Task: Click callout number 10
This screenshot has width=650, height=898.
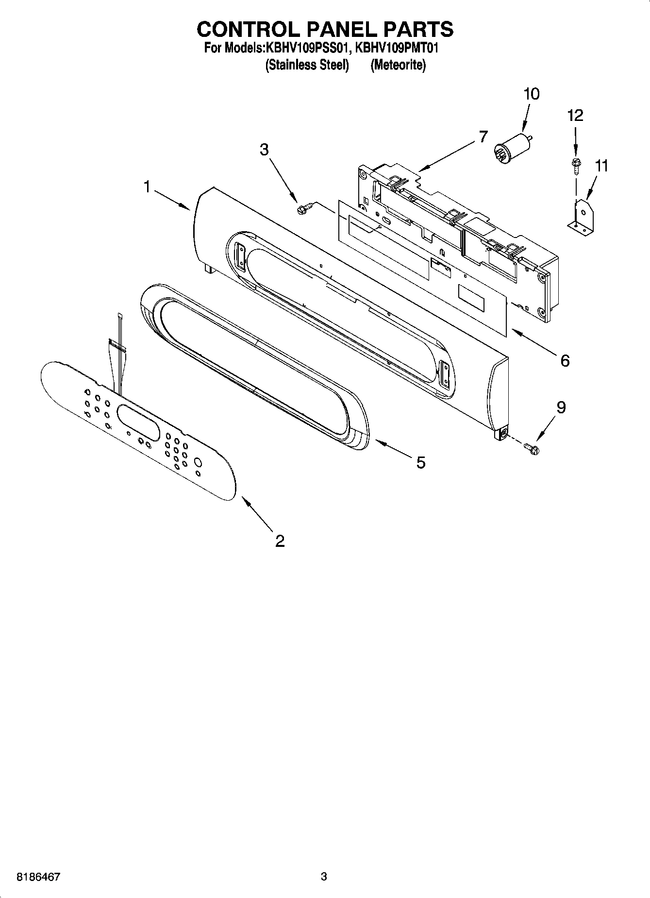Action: [x=532, y=94]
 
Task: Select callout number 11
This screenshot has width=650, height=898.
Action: [x=601, y=166]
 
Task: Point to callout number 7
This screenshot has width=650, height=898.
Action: [x=482, y=136]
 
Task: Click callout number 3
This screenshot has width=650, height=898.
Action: [x=264, y=149]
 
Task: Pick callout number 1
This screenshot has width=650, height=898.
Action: [x=147, y=186]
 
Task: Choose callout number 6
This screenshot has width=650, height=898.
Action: [x=565, y=360]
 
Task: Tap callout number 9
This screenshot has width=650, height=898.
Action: [x=561, y=407]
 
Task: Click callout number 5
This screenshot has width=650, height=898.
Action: [x=420, y=462]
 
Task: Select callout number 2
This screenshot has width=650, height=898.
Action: [x=280, y=541]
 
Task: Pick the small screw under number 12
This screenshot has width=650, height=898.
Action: [x=575, y=165]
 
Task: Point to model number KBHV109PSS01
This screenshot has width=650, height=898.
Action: [x=307, y=49]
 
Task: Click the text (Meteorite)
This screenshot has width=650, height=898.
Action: [x=398, y=65]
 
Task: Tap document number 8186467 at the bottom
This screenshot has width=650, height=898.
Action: [x=38, y=877]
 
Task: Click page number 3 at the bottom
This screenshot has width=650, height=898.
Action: [x=324, y=877]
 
